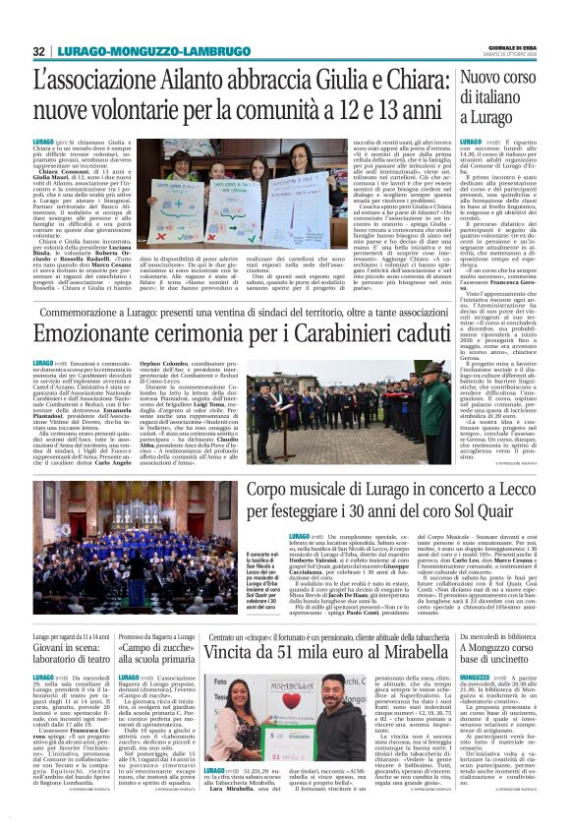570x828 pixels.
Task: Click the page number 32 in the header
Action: pos(40,51)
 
